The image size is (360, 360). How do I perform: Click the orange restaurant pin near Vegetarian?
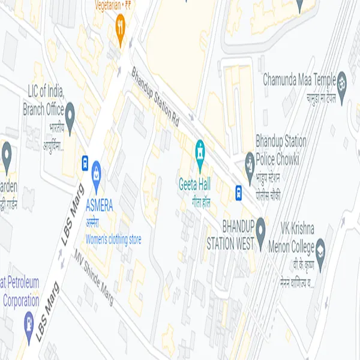click(120, 28)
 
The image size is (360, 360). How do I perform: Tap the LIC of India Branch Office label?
click(45, 100)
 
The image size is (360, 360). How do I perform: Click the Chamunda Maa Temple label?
click(299, 79)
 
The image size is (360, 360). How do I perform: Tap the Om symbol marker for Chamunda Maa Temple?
click(341, 79)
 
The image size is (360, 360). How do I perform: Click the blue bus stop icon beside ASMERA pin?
click(85, 163)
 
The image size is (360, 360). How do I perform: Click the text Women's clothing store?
click(113, 239)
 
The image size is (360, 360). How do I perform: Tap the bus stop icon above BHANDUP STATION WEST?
click(239, 193)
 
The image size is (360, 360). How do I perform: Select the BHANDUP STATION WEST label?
click(230, 235)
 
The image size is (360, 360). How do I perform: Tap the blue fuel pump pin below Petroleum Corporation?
click(28, 320)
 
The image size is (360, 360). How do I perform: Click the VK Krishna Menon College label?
click(298, 238)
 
